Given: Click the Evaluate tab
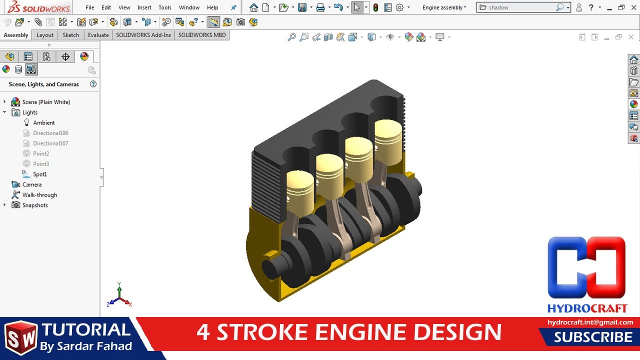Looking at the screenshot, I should pos(98,35).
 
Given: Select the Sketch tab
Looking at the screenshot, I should pos(71,35).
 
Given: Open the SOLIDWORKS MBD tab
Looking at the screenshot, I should pos(202,35).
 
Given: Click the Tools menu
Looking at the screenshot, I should pos(165,7).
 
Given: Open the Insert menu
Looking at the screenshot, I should pos(144,7).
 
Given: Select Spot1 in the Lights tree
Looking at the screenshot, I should pos(40,174).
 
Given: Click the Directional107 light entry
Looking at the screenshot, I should pos(50,143).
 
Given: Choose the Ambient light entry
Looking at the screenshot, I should pos(44,122).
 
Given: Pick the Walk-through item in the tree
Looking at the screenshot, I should pos(39,195).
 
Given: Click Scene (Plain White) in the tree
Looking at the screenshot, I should pos(46,102).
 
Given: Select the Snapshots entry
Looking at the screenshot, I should pos(35,205).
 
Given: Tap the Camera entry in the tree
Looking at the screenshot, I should pos(32,184).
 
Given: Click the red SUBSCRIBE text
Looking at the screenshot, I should pos(593,337).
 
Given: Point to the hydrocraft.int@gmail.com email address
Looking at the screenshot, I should pos(590,322).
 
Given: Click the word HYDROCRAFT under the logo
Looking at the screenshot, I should pos(587,308).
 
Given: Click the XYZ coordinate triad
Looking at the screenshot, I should pos(119,296).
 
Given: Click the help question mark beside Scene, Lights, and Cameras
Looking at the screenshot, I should pos(93,84).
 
